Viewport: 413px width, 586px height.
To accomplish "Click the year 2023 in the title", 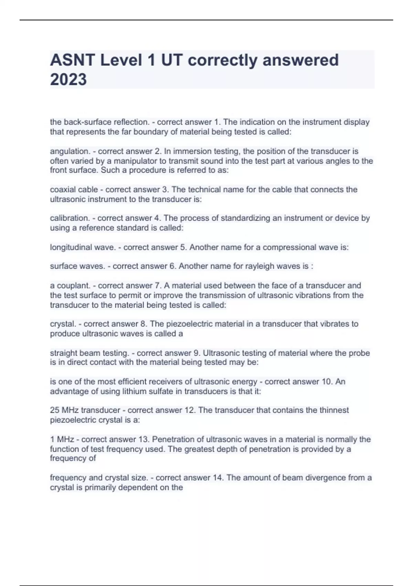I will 68,79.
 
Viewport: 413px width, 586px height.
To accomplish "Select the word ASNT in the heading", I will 73,60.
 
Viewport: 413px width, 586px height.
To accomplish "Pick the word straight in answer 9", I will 64,353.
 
